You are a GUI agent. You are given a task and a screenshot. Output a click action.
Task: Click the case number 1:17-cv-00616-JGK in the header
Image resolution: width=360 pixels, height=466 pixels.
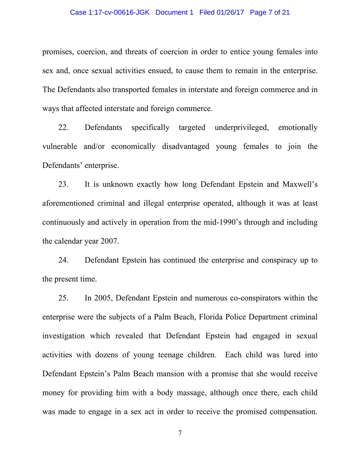tap(119, 12)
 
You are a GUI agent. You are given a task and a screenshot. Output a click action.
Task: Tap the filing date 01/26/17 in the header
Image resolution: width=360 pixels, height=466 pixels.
tap(230, 12)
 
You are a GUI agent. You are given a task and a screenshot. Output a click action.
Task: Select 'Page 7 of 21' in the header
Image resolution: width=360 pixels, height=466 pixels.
tap(270, 12)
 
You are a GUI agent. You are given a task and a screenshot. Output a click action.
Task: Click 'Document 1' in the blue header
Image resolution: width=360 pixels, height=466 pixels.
tap(174, 12)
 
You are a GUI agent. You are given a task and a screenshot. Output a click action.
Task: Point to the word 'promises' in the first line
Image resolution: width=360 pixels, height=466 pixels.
tap(56, 52)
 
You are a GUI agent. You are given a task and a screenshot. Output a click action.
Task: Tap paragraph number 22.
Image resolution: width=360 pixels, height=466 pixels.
tap(63, 128)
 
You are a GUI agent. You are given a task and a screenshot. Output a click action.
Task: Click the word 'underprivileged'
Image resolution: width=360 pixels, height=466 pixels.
tap(242, 128)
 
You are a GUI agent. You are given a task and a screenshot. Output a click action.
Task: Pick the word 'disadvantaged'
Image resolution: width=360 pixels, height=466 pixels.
tap(186, 147)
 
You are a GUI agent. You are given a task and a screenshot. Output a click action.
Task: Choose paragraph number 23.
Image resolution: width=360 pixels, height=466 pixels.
tap(63, 185)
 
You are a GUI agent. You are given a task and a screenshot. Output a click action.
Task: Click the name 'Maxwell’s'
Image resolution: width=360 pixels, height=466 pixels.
tap(300, 185)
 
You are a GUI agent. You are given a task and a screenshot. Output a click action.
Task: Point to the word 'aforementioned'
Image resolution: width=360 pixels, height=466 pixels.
tap(68, 204)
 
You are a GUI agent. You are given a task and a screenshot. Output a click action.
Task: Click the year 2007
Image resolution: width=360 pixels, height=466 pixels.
tap(110, 241)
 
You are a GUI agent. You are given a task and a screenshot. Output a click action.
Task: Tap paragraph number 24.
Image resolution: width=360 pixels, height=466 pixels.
tap(63, 260)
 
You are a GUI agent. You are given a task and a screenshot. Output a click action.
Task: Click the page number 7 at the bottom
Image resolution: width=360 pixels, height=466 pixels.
tap(180, 433)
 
